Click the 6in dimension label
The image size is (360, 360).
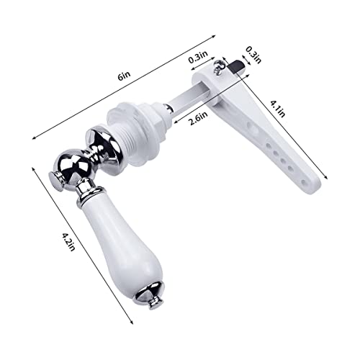124,76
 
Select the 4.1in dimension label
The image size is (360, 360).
278,109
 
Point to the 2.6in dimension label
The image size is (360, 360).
198,118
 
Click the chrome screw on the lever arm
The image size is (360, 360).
218,66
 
